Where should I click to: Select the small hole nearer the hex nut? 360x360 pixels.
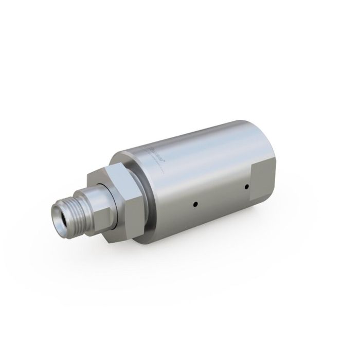pyautogui.click(x=195, y=204)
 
